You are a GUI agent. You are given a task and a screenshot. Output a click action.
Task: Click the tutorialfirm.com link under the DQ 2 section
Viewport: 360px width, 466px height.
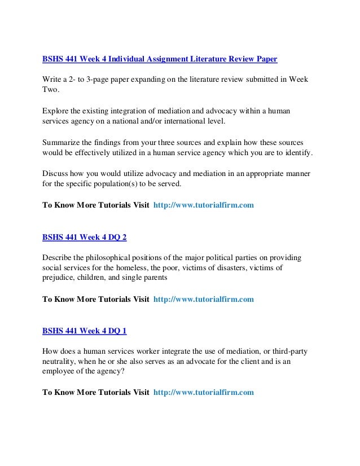point(204,299)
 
